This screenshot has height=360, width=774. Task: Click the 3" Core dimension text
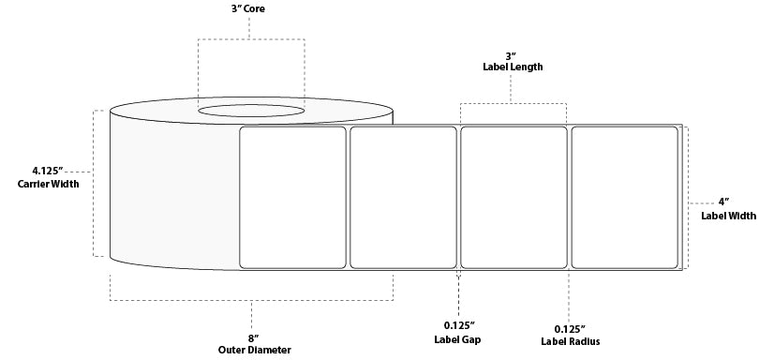coord(249,9)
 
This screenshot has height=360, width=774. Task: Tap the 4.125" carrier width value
coord(46,171)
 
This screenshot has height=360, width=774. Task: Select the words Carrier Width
coord(48,184)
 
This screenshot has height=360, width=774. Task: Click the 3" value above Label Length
coord(511,54)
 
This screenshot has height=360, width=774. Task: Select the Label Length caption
coord(511,67)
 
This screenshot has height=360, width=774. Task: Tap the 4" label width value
coord(723,202)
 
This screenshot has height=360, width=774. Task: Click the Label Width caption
coord(728,216)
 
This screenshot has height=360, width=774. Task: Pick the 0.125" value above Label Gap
coord(458,327)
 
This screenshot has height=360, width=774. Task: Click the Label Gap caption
coord(458,339)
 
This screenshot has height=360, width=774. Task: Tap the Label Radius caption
coord(570,341)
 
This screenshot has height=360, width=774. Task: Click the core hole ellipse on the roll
coord(251,112)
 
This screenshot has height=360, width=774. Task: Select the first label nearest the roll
coord(293,197)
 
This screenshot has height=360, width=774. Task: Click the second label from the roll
coord(403,197)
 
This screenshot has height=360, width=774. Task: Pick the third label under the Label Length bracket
coord(514,197)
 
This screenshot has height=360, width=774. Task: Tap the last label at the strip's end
coord(624,197)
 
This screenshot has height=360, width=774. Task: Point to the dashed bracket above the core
coord(250,39)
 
